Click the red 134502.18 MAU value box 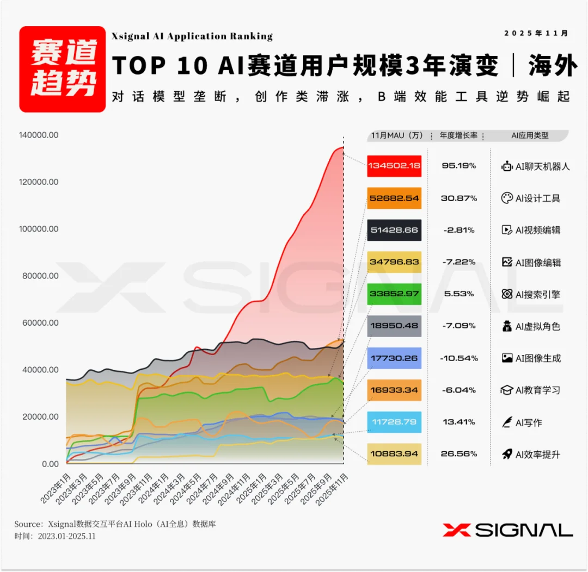tap(394, 166)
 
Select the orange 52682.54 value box tap(394, 198)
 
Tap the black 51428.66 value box tap(394, 230)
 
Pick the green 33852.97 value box tap(394, 294)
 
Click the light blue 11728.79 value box tap(394, 422)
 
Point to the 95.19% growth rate tap(458, 165)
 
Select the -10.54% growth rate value tap(458, 358)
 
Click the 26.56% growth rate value tap(458, 454)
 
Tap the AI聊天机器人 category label tap(542, 166)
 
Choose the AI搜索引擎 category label tap(537, 295)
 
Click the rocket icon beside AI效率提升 tap(507, 454)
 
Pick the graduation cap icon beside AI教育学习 tap(507, 390)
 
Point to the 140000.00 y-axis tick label tap(39, 135)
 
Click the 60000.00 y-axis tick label tap(39, 323)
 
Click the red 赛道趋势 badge tap(63, 69)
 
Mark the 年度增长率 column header tap(458, 135)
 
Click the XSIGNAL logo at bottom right tap(507, 530)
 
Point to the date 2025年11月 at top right tap(536, 33)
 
